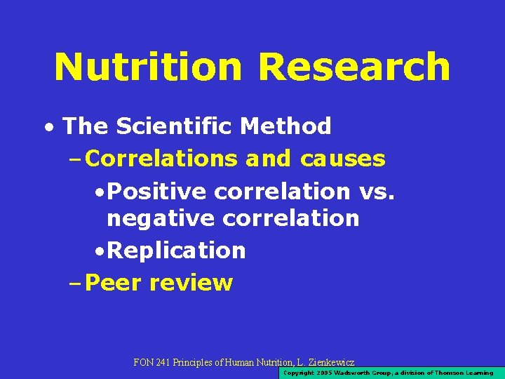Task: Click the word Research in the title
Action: (x=354, y=67)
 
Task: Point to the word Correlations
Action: (x=163, y=159)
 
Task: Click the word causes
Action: (x=343, y=159)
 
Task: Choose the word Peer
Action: (x=112, y=283)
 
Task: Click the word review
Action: (x=191, y=283)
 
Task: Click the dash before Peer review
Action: (x=75, y=284)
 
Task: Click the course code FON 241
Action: (x=153, y=362)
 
